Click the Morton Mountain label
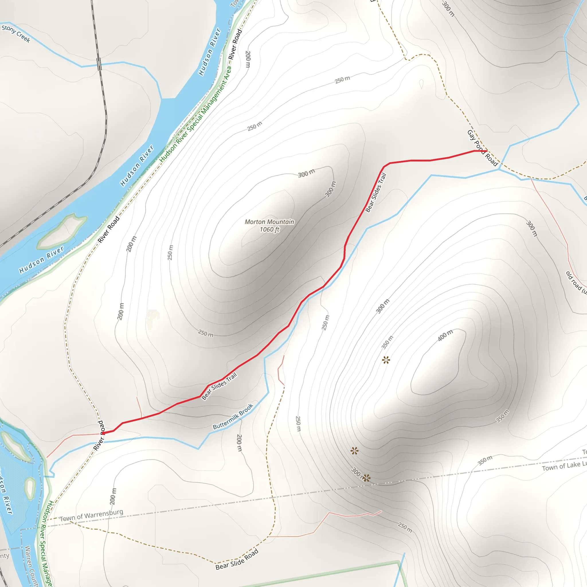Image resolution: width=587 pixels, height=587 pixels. [x=269, y=222]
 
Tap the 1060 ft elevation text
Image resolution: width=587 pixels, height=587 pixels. [x=269, y=229]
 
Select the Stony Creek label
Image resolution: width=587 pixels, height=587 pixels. [x=16, y=34]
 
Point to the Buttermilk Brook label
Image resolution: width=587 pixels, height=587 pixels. [x=233, y=416]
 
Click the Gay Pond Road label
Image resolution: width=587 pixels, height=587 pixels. [x=482, y=148]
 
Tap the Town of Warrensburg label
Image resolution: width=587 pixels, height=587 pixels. [x=91, y=516]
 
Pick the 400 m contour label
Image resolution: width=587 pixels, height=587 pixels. [x=445, y=335]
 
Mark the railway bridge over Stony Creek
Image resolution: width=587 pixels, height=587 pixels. [x=99, y=64]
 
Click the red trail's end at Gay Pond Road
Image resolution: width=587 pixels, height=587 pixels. [x=487, y=151]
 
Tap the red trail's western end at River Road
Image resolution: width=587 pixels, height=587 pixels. [x=103, y=433]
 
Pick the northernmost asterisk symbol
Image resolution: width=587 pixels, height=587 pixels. [x=386, y=360]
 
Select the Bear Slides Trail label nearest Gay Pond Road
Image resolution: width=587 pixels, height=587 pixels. [x=376, y=192]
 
